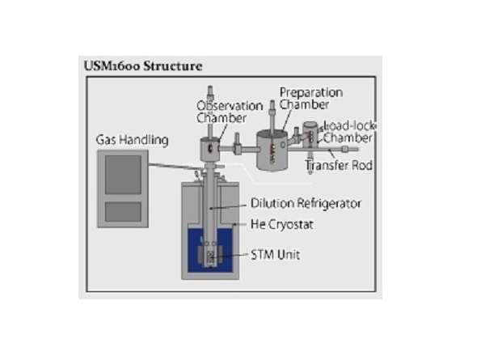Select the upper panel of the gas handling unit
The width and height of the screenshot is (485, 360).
122,174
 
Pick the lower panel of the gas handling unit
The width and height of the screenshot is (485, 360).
122,211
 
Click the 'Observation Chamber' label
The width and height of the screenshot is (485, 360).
230,112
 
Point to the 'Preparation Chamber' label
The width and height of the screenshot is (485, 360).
310,98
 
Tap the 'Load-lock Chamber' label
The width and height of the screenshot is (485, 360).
349,132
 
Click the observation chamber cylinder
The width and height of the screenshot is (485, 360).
210,149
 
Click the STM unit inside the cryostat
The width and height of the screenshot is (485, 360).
210,257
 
